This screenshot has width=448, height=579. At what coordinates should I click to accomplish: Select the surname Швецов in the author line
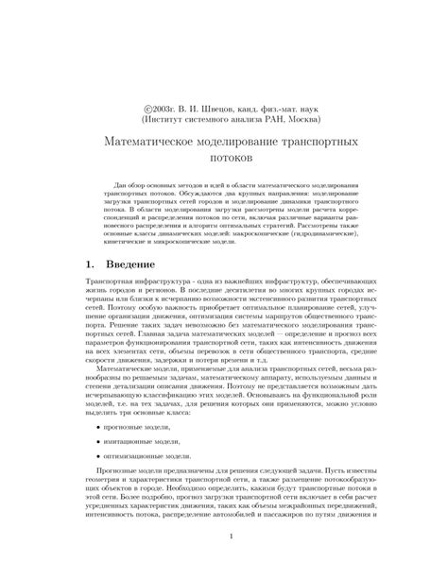point(213,110)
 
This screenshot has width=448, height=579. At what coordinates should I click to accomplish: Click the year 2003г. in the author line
point(163,110)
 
